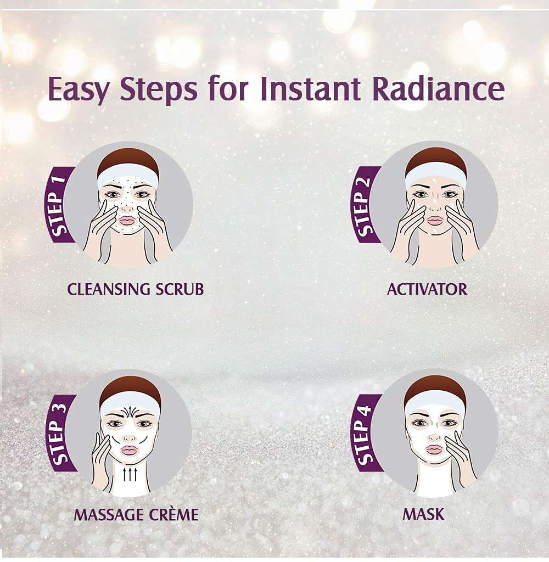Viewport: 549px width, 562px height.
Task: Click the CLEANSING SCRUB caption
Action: (x=135, y=289)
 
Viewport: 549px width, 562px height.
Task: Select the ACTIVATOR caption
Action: (x=427, y=289)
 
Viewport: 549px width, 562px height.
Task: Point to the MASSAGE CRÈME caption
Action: (x=136, y=515)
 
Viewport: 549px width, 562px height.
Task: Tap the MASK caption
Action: (x=423, y=515)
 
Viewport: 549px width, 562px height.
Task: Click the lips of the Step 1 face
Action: (x=127, y=220)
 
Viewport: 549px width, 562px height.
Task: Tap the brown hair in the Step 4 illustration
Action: (x=435, y=383)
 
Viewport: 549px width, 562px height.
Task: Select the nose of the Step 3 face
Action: (x=129, y=437)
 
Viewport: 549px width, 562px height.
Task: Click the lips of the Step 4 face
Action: (x=434, y=449)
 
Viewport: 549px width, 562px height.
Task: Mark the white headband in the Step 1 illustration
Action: (x=128, y=175)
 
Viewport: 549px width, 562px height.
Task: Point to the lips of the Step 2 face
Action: (x=434, y=220)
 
